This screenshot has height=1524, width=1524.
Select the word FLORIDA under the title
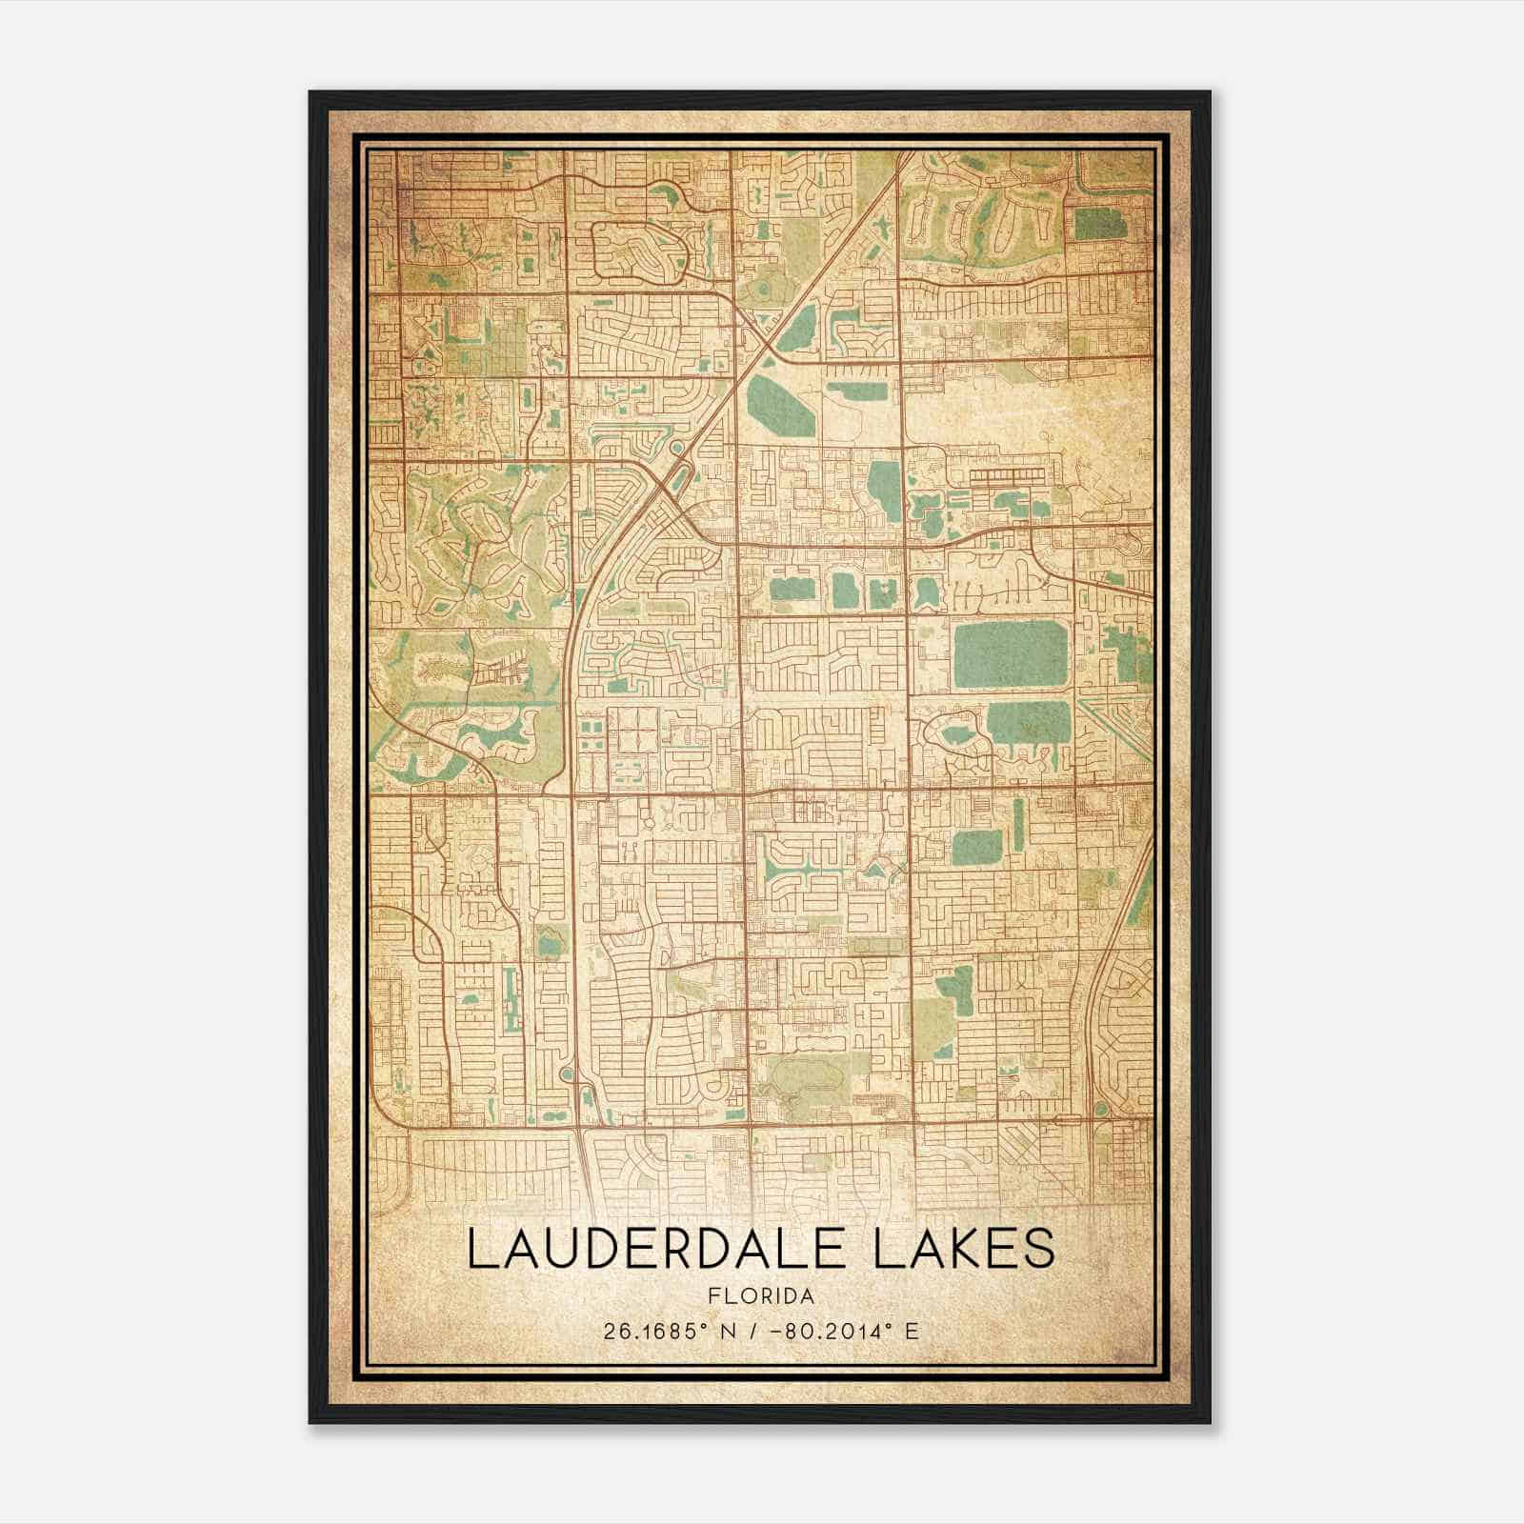coord(761,1296)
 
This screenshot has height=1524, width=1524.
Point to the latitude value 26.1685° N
coord(666,1331)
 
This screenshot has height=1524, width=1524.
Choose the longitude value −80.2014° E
coord(845,1331)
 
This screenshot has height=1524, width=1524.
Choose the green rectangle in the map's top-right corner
coord(1097,223)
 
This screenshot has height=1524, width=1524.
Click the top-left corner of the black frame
coord(311,92)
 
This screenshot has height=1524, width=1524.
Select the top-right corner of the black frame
coord(1210,92)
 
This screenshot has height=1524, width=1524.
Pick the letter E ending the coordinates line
coord(912,1331)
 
